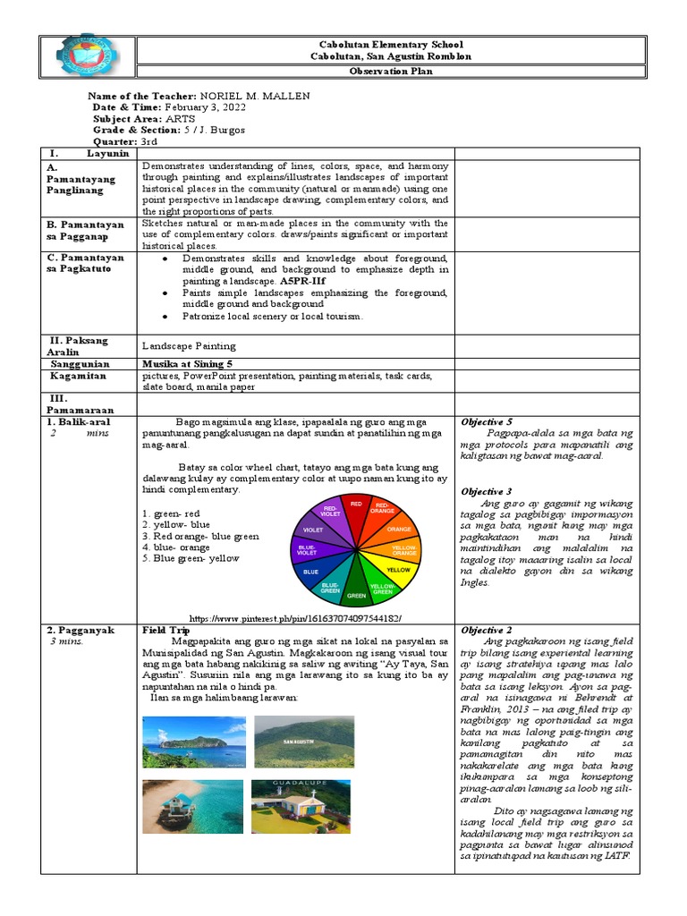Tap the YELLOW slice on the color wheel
[x=396, y=568]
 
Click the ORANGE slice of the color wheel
[x=399, y=529]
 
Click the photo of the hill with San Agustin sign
[x=303, y=742]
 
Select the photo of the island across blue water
[x=192, y=742]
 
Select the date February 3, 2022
[x=205, y=106]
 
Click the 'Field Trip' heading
[x=165, y=631]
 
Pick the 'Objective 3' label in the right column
[x=487, y=491]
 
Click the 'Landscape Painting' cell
[x=189, y=345]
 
